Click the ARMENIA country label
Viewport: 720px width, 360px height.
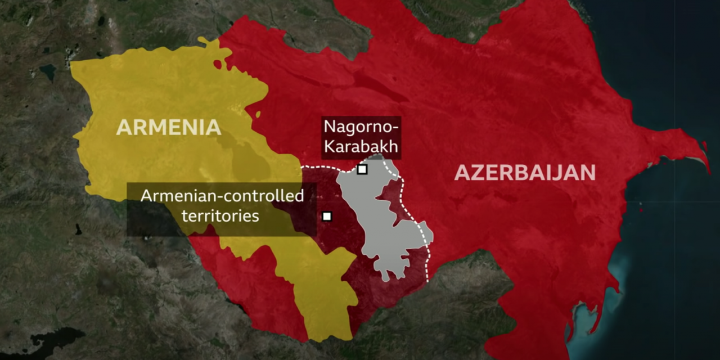click(168, 127)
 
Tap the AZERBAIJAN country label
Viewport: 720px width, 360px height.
click(524, 172)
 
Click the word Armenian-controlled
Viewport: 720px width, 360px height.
click(222, 196)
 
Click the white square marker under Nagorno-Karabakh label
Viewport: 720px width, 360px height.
click(362, 169)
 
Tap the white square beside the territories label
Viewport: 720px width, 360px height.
click(327, 216)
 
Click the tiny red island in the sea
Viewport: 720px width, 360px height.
click(641, 210)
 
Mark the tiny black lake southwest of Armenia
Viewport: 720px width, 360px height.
click(78, 229)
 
